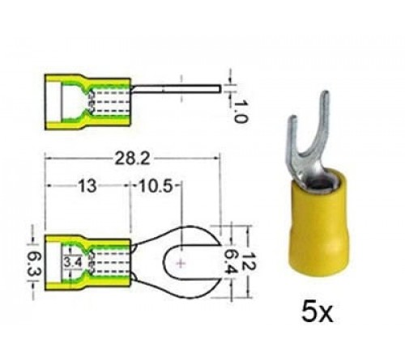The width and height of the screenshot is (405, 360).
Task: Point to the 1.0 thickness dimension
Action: click(239, 111)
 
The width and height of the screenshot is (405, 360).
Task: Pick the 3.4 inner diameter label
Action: click(72, 262)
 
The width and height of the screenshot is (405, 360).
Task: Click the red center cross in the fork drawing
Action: click(180, 264)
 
